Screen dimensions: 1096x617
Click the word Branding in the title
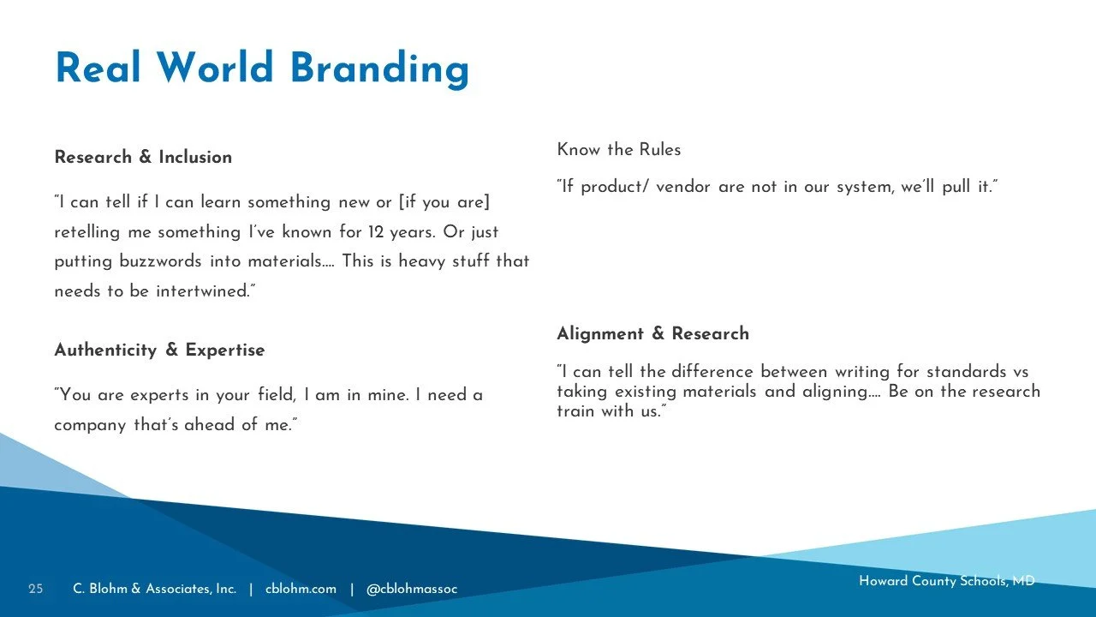(x=379, y=69)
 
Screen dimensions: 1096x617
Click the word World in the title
(x=214, y=67)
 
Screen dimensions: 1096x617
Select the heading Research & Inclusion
(x=143, y=157)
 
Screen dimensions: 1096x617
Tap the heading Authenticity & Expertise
(x=159, y=350)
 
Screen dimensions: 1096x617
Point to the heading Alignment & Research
(x=652, y=333)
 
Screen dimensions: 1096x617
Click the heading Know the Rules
(x=618, y=149)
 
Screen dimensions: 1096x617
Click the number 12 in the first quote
(x=376, y=231)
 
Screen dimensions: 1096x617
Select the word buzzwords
(x=160, y=261)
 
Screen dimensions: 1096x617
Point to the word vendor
(x=683, y=187)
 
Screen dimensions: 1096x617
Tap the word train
(x=575, y=410)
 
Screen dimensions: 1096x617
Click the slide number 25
(x=36, y=589)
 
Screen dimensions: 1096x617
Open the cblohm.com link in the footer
(x=301, y=589)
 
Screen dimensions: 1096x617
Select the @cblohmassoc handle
(x=412, y=589)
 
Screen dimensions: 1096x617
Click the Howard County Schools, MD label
(x=947, y=581)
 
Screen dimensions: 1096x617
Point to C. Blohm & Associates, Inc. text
(x=155, y=589)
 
